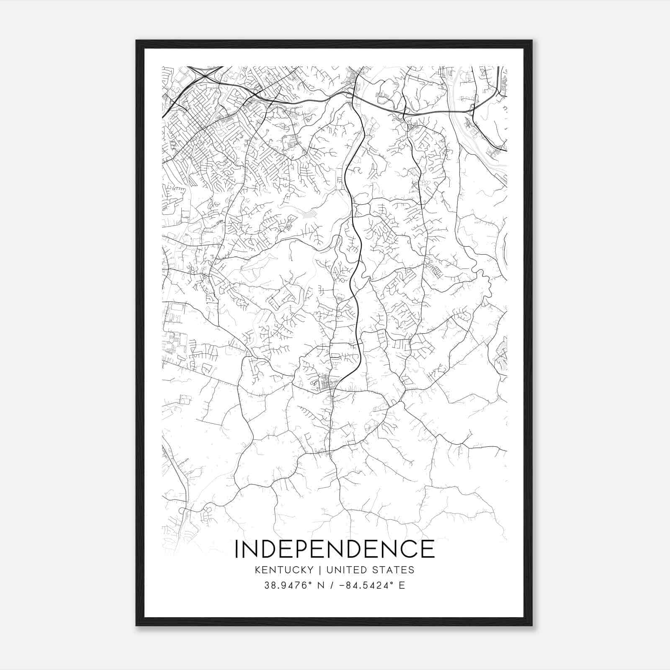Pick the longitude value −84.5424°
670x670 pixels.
(x=366, y=585)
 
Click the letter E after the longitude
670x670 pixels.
(x=402, y=585)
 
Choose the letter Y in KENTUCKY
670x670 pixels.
(x=310, y=570)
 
